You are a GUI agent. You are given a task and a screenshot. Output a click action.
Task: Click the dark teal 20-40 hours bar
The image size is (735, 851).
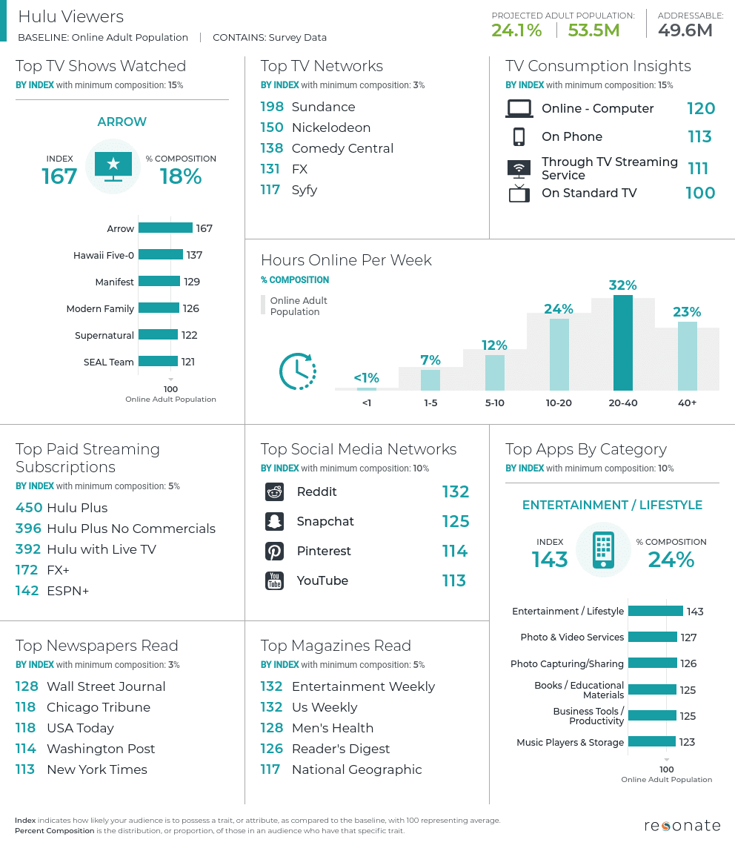pos(622,342)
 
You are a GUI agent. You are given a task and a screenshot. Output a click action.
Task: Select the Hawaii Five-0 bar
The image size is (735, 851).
pos(161,254)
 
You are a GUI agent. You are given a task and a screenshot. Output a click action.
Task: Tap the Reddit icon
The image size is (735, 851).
pos(274,491)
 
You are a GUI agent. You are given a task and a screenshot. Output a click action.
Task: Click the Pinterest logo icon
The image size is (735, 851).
pos(274,552)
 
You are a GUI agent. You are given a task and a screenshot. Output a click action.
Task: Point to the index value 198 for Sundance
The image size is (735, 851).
pos(272,107)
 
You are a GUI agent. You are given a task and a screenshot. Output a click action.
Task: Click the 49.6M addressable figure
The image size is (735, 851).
pos(685,30)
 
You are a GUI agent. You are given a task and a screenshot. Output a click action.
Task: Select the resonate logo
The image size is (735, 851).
pos(682,826)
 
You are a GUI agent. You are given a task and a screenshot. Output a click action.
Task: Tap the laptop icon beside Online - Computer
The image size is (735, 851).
pos(519,108)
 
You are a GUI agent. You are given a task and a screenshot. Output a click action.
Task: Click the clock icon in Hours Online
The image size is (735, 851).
pos(297,371)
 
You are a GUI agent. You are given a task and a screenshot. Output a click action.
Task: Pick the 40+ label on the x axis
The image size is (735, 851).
pos(688,403)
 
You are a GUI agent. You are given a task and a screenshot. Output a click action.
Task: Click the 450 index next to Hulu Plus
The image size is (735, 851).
pos(29,508)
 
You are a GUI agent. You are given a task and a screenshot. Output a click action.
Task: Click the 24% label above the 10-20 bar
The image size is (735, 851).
pos(559,309)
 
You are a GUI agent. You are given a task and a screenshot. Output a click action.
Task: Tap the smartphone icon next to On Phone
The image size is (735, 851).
pos(519,136)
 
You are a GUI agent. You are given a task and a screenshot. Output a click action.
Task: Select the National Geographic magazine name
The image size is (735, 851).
pos(357,769)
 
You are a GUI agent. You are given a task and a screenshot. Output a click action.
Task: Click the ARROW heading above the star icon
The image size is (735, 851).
pos(122,122)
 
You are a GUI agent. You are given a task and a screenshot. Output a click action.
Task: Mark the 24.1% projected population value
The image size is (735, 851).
pos(516,30)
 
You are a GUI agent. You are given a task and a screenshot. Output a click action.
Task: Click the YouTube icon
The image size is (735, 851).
pos(274,580)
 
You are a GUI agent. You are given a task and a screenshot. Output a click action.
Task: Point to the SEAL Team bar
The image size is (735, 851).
pos(158,362)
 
